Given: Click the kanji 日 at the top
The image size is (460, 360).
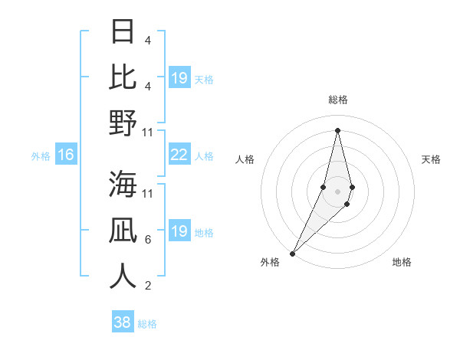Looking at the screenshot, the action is click(x=123, y=32).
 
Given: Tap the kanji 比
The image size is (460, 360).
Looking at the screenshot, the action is click(x=123, y=77).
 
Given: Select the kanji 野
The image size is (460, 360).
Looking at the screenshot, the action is click(x=123, y=123).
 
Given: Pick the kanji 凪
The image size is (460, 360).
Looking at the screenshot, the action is click(x=123, y=230).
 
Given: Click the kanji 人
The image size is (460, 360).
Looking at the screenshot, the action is click(x=123, y=276).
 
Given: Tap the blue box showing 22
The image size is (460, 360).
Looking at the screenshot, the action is click(x=179, y=155).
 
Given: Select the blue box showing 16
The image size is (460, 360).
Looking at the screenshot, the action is click(x=66, y=155).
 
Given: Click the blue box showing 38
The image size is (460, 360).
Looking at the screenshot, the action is click(x=123, y=322).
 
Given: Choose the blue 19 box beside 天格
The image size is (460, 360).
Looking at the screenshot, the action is click(x=179, y=78).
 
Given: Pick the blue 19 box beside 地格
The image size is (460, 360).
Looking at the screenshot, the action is click(x=179, y=231).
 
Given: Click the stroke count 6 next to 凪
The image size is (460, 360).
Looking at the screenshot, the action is click(x=147, y=240).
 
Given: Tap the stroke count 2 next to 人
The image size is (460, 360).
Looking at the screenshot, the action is click(x=147, y=286).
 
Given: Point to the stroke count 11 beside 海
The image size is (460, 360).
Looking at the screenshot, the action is click(x=148, y=193).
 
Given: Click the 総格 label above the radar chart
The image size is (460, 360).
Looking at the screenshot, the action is click(x=337, y=100).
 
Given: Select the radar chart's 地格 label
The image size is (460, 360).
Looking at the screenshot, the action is click(x=402, y=262).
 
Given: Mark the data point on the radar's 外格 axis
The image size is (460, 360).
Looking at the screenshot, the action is click(x=293, y=253).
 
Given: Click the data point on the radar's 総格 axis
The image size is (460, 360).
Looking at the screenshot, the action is click(x=337, y=129).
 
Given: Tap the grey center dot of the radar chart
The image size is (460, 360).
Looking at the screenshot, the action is click(x=337, y=191).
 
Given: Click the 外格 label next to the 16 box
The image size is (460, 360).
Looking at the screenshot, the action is click(x=41, y=155).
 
